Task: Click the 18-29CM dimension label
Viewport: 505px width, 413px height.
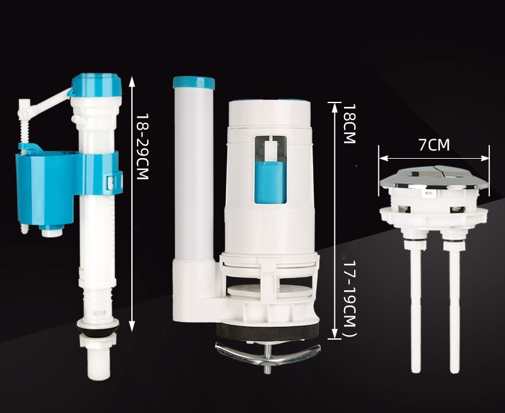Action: [141, 146]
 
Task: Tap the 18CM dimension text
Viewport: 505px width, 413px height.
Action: [349, 123]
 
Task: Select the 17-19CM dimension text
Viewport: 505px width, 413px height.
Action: [349, 299]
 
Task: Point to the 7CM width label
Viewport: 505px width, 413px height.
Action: [434, 145]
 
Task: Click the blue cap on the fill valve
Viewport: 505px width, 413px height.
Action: [96, 85]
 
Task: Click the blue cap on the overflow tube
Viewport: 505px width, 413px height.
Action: [194, 82]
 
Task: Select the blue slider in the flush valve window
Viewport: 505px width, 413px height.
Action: [270, 182]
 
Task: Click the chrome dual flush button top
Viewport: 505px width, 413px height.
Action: [434, 178]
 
